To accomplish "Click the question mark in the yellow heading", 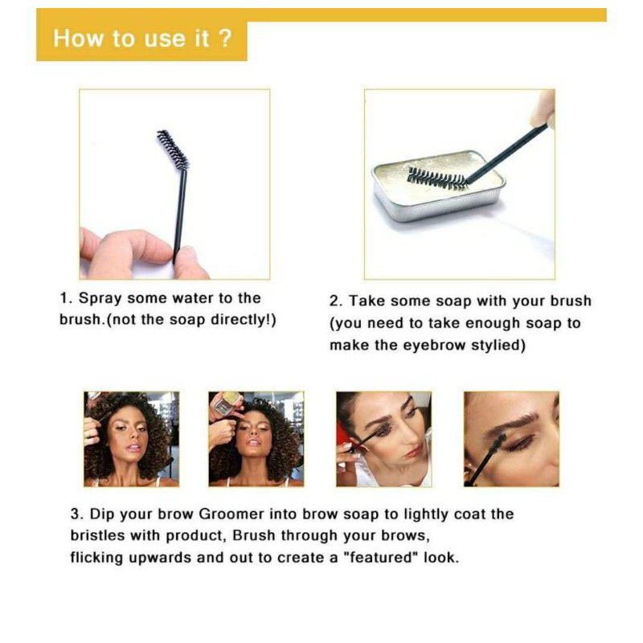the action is click(226, 38).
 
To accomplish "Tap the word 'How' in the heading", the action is click(78, 39).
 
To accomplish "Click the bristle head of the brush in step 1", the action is click(173, 149).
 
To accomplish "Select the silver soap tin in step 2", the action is click(438, 186).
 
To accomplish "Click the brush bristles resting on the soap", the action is click(437, 178).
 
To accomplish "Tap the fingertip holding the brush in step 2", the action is click(542, 108).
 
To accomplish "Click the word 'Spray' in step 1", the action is click(100, 298).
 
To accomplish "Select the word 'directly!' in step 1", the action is click(242, 319).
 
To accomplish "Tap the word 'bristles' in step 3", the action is click(97, 535).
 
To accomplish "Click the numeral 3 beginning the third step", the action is click(75, 514).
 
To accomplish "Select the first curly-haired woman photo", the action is click(131, 439).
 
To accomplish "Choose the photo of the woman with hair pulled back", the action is click(384, 439).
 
